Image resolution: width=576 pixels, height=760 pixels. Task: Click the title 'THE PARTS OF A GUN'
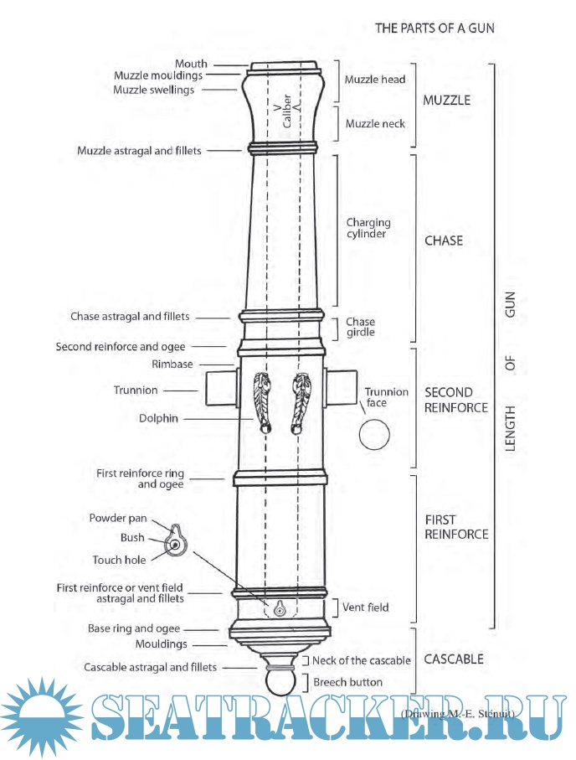pos(435,28)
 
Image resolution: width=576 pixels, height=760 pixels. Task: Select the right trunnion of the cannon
pos(340,390)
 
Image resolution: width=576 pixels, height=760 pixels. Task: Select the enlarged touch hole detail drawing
pos(177,544)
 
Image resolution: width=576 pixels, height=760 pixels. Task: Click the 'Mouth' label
pos(191,64)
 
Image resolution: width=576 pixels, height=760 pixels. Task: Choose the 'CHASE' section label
pos(444,240)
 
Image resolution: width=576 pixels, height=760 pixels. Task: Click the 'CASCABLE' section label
pos(454,659)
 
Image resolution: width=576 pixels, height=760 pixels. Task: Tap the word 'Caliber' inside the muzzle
pos(286,113)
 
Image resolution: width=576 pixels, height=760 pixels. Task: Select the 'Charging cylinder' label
pos(368,228)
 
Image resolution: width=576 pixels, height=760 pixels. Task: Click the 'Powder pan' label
pos(117,518)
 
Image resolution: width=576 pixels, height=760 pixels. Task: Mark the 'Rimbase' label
pos(172,364)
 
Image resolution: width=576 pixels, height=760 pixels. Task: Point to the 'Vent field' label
pos(366,607)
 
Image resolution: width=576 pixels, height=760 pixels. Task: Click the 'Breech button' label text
pos(347,682)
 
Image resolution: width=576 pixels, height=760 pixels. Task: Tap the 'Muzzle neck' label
pos(375,124)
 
